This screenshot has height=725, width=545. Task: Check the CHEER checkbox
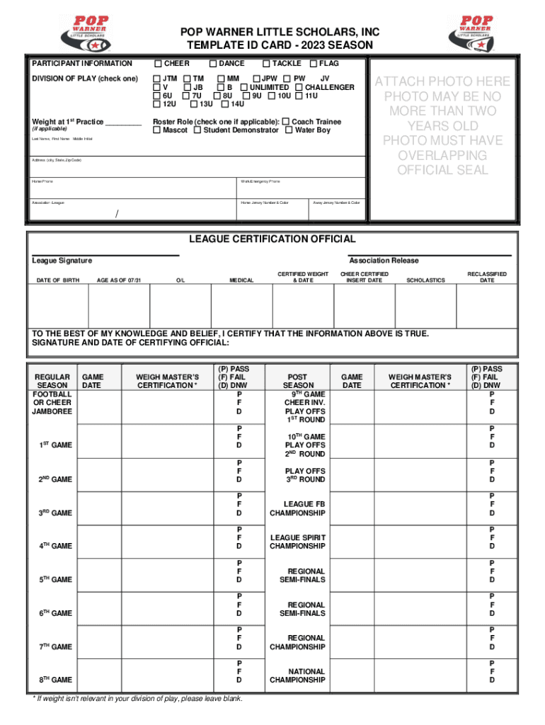click(x=158, y=64)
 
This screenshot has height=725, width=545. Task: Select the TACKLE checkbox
click(x=267, y=64)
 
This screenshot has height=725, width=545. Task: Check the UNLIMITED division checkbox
click(x=243, y=87)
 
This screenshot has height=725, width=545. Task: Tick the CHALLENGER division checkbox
click(x=299, y=87)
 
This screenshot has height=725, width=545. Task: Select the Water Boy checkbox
click(x=289, y=130)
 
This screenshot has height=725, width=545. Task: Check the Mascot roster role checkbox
click(x=157, y=130)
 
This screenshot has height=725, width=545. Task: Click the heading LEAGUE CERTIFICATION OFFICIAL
click(x=272, y=239)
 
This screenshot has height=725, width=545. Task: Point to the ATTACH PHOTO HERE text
click(x=442, y=81)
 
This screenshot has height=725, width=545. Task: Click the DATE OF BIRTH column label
click(x=58, y=281)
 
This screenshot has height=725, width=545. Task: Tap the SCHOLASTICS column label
click(x=425, y=281)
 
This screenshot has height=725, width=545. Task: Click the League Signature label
click(x=62, y=261)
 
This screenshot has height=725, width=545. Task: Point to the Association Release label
click(x=384, y=261)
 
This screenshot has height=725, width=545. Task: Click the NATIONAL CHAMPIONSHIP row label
click(x=297, y=675)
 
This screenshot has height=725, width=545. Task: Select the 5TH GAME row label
click(x=55, y=580)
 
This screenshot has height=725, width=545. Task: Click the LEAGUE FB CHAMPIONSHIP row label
click(x=297, y=508)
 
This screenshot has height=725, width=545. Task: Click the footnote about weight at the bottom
click(x=138, y=699)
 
